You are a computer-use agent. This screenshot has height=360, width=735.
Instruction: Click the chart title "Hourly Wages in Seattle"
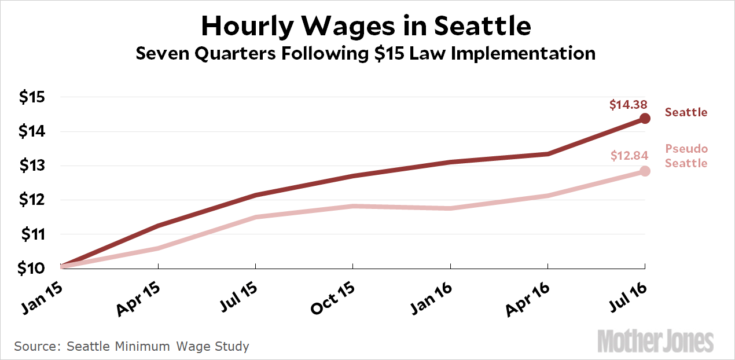366,26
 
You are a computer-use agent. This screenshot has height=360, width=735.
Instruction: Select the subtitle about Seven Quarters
365,54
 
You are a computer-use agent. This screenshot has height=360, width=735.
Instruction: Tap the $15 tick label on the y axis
32,97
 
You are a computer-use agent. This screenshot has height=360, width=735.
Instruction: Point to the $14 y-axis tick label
32,131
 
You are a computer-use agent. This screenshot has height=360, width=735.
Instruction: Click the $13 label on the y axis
32,166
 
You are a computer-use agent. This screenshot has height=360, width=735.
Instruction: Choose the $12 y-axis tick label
32,200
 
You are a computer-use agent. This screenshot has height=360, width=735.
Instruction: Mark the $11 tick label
32,234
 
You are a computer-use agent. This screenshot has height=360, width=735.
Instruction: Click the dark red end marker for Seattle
645,119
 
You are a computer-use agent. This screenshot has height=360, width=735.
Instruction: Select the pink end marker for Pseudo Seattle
645,171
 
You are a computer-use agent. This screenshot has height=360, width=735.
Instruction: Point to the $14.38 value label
628,105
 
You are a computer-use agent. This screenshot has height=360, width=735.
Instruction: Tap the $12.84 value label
629,155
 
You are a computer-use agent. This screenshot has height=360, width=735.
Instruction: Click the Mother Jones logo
655,341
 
